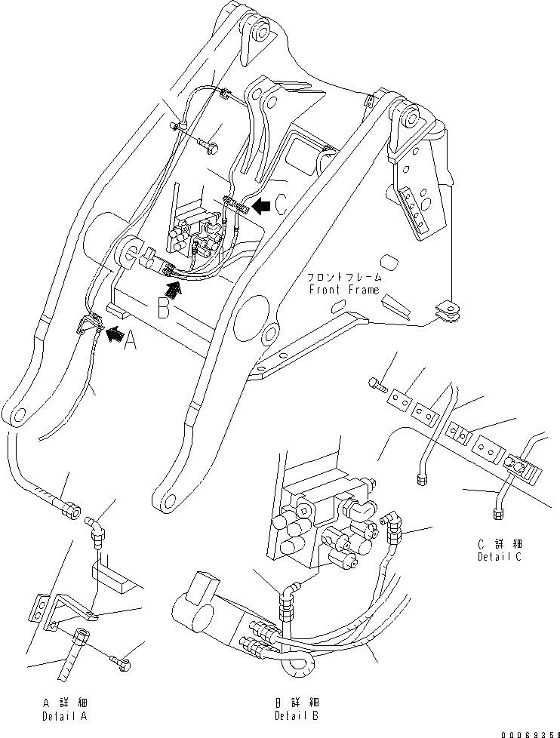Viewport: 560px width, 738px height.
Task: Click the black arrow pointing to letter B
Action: (173, 289)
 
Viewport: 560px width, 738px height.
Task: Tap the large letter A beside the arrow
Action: (129, 343)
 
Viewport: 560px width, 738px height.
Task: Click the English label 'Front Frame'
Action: (343, 291)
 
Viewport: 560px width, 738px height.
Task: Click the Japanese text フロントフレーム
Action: (343, 278)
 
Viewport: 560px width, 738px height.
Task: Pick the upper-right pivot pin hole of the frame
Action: (411, 118)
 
